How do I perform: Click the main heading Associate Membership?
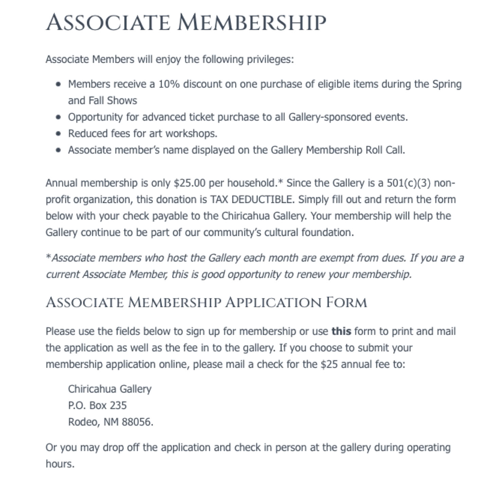coord(186,22)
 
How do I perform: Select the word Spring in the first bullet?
coord(447,84)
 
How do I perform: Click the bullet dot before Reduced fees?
coord(59,133)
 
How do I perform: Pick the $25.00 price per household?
coord(190,183)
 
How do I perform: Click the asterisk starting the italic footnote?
coord(48,257)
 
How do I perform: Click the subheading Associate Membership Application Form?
coord(206,302)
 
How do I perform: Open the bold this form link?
coord(341,331)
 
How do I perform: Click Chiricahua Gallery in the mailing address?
coord(110,389)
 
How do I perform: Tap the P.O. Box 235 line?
coord(97,405)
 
